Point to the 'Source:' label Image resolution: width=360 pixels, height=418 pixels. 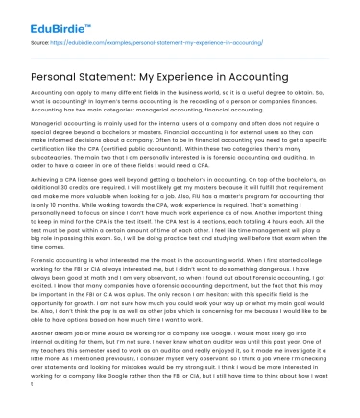point(40,42)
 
